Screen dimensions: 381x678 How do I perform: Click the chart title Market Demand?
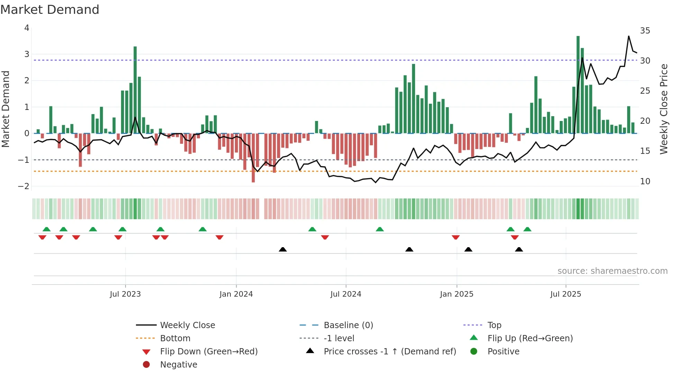(50, 10)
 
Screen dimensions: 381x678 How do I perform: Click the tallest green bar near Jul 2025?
(578, 84)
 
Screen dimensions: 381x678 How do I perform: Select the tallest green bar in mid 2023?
(135, 90)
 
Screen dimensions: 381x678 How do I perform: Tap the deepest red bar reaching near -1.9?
(253, 158)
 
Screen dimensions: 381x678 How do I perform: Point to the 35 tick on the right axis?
(645, 31)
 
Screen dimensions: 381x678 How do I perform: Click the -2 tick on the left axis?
(24, 186)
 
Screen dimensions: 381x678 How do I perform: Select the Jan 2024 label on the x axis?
(236, 294)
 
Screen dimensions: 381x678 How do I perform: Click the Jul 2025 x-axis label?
(566, 294)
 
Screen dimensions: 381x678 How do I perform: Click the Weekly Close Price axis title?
(663, 109)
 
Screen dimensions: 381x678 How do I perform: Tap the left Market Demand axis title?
(6, 109)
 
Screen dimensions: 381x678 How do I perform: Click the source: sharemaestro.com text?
(612, 271)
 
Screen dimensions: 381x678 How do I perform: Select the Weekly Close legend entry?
(187, 325)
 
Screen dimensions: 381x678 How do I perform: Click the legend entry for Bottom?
(175, 338)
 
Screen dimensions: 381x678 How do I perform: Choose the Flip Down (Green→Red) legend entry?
(209, 352)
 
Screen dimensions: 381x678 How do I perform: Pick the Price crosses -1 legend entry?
(390, 352)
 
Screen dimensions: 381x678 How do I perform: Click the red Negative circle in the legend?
(146, 365)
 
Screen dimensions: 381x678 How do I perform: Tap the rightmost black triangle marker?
(519, 250)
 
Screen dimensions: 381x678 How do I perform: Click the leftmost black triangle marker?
(283, 250)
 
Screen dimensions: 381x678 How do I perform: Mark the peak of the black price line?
(629, 36)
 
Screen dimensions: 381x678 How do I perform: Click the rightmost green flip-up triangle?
(527, 229)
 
